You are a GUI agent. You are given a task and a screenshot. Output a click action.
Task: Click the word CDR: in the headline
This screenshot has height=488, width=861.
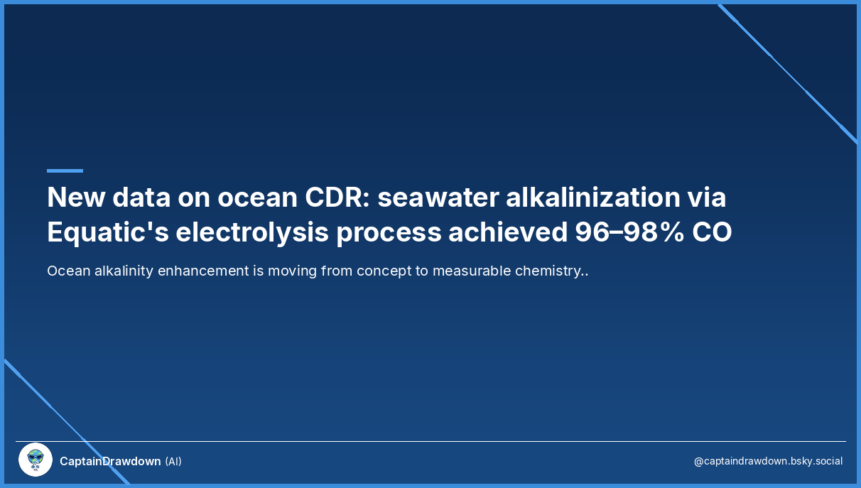(337, 197)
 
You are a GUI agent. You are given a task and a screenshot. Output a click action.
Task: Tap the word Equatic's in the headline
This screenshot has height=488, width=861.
(108, 232)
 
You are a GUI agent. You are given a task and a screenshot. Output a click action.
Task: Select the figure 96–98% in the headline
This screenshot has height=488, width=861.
(629, 232)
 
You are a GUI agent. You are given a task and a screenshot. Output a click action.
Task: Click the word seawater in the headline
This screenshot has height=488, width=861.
(438, 197)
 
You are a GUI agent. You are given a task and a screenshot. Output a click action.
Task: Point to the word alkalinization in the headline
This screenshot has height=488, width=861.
(592, 197)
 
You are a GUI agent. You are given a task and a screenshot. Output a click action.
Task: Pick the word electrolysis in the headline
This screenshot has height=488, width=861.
(252, 233)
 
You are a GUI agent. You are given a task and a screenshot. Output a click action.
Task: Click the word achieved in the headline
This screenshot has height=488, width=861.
(508, 232)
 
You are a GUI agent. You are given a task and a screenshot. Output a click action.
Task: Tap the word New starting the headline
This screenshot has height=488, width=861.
(76, 197)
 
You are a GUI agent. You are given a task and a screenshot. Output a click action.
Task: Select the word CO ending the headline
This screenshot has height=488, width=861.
(712, 232)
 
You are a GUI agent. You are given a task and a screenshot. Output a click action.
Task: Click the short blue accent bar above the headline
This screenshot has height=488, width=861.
(65, 170)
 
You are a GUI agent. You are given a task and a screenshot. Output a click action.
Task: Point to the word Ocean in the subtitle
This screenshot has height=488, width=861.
(69, 271)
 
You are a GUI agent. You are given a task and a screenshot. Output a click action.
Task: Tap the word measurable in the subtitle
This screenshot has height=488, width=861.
(472, 271)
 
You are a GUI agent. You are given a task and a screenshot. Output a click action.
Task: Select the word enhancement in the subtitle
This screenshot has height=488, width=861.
(203, 271)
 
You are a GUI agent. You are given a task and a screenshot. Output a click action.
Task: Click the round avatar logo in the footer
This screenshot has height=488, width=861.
(36, 460)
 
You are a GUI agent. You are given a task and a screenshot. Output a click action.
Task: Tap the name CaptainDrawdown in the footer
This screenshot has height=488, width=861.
(110, 461)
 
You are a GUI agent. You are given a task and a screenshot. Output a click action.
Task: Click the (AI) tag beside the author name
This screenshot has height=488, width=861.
(173, 461)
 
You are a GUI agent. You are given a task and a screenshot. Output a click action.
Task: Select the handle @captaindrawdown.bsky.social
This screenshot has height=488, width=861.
(768, 461)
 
